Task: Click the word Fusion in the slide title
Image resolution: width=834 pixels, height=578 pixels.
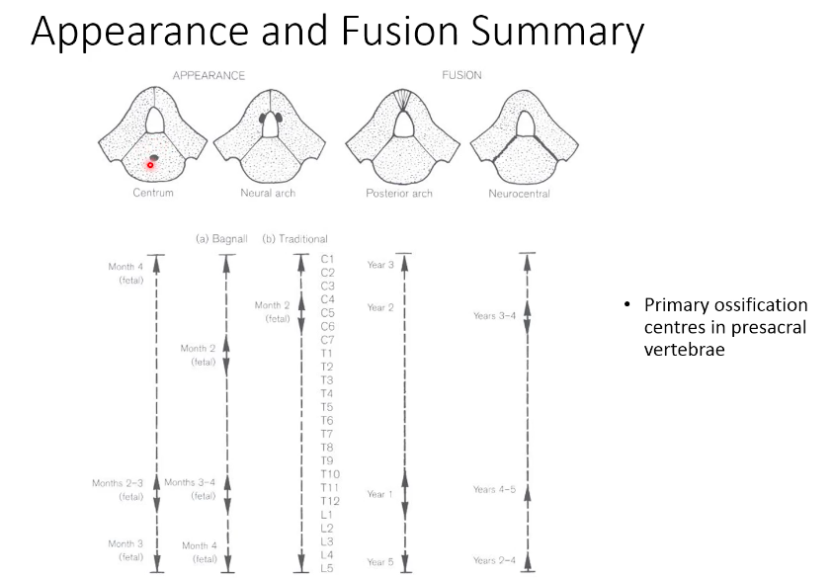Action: click(365, 32)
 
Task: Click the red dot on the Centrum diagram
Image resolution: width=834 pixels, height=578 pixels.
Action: click(150, 165)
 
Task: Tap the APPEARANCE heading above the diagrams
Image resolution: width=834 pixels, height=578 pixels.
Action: click(208, 75)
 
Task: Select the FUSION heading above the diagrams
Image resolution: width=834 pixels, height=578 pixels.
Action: click(460, 75)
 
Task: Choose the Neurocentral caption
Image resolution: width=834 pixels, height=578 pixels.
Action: click(519, 194)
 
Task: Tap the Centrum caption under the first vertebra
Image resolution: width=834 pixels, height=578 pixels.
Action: click(153, 193)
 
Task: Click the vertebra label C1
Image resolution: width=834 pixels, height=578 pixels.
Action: click(328, 259)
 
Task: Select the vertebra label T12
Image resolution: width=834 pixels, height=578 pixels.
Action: click(329, 501)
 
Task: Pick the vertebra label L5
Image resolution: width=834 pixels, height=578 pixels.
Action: click(328, 568)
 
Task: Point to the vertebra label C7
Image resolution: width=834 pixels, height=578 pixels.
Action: click(328, 340)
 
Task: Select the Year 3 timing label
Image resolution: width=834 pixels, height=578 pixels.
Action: click(380, 265)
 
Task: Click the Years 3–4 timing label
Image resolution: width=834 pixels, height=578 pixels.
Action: click(494, 316)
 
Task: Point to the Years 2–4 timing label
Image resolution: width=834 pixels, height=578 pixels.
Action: click(494, 561)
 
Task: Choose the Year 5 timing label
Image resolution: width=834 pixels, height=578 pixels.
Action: click(380, 562)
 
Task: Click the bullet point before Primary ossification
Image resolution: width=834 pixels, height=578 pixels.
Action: click(626, 305)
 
